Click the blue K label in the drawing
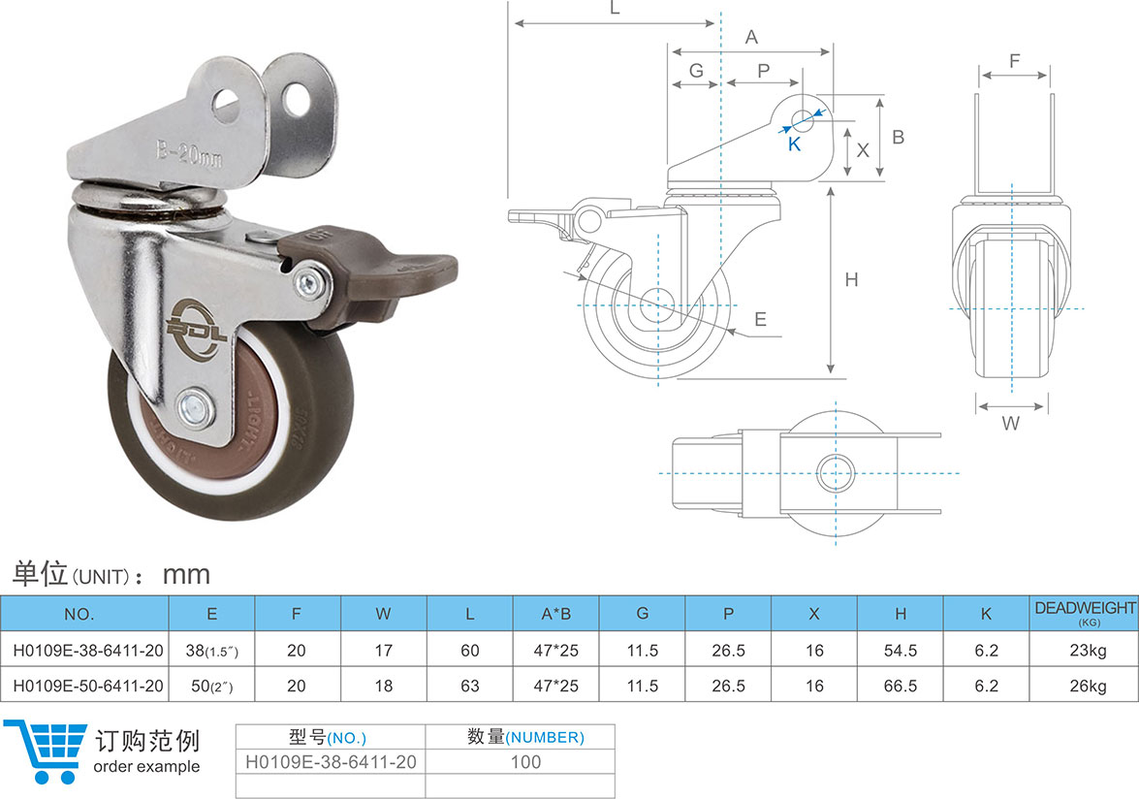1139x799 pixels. (794, 144)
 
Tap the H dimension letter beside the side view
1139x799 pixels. (851, 279)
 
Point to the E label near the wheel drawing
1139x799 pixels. (761, 320)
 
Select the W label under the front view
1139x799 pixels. (1010, 424)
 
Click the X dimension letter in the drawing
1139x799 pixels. (863, 150)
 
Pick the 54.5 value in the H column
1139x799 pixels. (900, 651)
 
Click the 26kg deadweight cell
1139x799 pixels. (1088, 686)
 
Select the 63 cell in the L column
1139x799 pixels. (470, 686)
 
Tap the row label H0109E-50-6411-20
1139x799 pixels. (88, 686)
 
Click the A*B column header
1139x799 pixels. (555, 614)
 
